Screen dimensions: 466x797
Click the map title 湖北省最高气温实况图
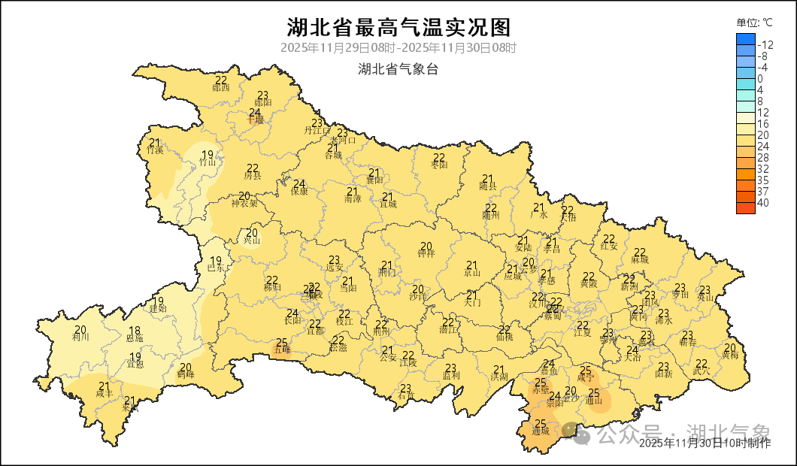(x=398, y=28)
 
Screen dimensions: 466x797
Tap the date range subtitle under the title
(x=398, y=48)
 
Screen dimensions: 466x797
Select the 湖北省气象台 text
(x=398, y=70)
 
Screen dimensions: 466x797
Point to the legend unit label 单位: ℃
(x=754, y=23)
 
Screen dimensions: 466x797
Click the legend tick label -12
(x=765, y=44)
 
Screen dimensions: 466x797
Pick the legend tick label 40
(x=762, y=202)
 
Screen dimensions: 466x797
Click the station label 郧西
(x=221, y=87)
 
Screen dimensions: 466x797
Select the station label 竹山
(x=208, y=162)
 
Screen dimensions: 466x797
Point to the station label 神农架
(x=244, y=202)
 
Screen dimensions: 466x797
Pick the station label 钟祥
(x=426, y=253)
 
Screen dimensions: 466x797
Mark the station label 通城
(x=540, y=431)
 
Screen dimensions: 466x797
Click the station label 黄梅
(x=730, y=354)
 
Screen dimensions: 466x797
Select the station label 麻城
(x=640, y=259)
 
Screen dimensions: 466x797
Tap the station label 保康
(x=299, y=191)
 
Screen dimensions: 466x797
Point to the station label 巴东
(x=216, y=268)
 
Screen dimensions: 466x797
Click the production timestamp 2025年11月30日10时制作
(x=705, y=443)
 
